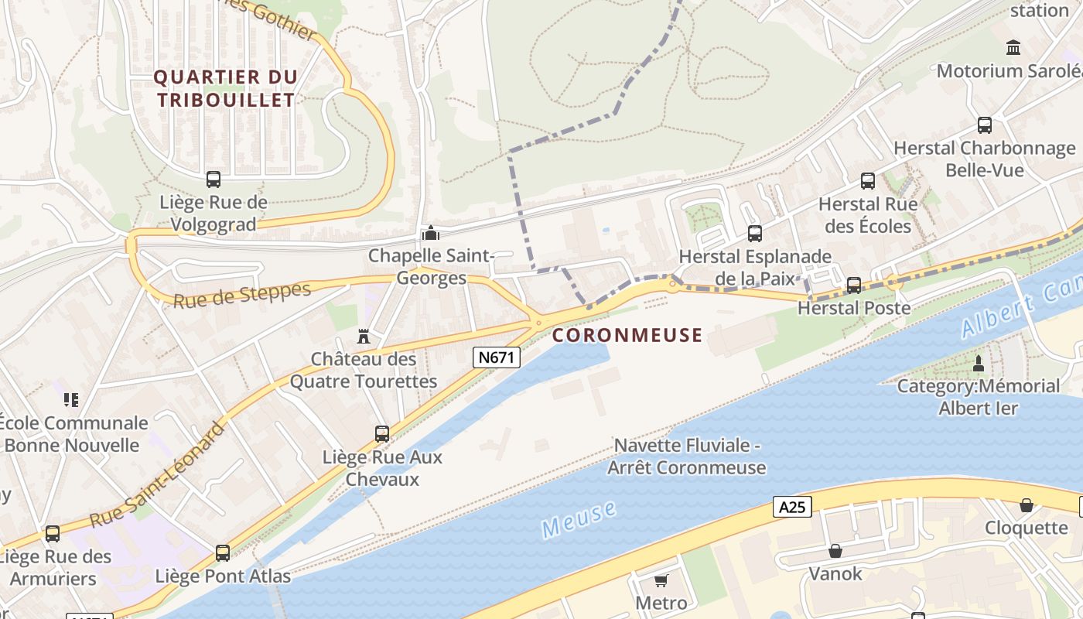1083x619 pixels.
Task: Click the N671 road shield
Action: pyautogui.click(x=497, y=357)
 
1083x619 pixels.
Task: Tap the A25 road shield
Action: pyautogui.click(x=792, y=507)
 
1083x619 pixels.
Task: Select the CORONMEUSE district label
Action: pyautogui.click(x=627, y=335)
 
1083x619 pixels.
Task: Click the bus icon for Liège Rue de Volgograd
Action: pyautogui.click(x=214, y=180)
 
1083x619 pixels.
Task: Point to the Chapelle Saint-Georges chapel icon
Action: pyautogui.click(x=430, y=232)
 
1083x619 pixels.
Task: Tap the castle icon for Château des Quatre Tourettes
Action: pyautogui.click(x=363, y=336)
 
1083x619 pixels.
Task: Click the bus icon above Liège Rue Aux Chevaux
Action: pyautogui.click(x=382, y=433)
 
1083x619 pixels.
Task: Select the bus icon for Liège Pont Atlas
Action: pyautogui.click(x=223, y=552)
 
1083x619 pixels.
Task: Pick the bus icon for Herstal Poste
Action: pyautogui.click(x=854, y=285)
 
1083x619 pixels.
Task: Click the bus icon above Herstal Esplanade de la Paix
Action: pyautogui.click(x=754, y=233)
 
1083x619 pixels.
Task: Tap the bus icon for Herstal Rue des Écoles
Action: pyautogui.click(x=868, y=181)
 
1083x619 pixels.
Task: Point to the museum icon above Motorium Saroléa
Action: pyautogui.click(x=1013, y=48)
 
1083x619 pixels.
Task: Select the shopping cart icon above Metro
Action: pyautogui.click(x=661, y=580)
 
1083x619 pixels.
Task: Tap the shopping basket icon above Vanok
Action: pyautogui.click(x=835, y=551)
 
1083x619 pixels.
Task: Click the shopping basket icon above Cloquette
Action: pyautogui.click(x=1027, y=505)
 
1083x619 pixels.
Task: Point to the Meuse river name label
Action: pyautogui.click(x=579, y=519)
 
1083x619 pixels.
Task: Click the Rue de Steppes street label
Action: pyautogui.click(x=241, y=295)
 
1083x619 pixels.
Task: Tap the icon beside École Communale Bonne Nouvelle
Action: pyautogui.click(x=71, y=400)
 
